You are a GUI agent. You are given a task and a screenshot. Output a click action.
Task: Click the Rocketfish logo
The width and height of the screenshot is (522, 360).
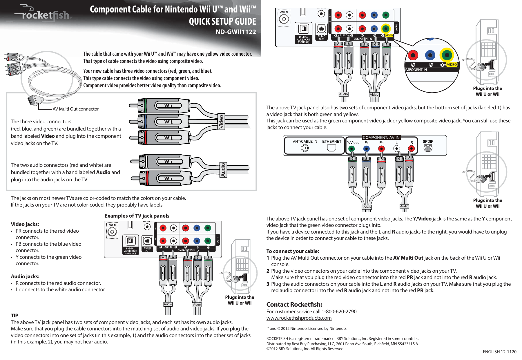[x=43, y=15]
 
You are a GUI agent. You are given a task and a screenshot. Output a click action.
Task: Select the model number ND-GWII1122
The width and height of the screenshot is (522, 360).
[x=235, y=32]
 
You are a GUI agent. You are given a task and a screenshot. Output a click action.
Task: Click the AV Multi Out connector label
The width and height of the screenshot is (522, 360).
[x=75, y=109]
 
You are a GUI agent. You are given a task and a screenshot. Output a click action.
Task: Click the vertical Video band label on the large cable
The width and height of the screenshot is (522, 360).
[x=221, y=122]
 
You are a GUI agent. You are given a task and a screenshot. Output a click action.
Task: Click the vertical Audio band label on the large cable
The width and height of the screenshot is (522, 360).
[x=223, y=170]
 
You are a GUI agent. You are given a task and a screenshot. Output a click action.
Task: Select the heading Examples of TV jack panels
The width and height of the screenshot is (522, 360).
[x=137, y=216]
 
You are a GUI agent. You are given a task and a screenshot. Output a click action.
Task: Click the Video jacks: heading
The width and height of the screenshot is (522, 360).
[x=25, y=224]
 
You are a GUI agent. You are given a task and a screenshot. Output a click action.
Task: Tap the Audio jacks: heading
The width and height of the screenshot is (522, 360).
[x=25, y=276]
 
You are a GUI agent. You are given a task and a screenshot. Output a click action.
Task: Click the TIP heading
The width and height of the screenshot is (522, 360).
[x=14, y=315]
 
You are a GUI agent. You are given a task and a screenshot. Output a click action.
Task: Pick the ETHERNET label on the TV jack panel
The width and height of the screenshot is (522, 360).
[x=331, y=142]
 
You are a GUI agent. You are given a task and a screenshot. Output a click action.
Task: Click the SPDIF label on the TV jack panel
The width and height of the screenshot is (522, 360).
[x=428, y=142]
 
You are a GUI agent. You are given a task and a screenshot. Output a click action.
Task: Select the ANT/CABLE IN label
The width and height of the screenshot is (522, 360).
[x=305, y=142]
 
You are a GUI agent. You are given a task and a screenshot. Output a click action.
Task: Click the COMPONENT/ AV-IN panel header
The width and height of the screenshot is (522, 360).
[x=381, y=138]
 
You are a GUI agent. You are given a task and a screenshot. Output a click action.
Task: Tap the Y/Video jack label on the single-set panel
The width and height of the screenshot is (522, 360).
[x=353, y=142]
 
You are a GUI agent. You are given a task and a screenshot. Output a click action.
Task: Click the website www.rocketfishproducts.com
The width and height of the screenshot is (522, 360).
[x=299, y=318]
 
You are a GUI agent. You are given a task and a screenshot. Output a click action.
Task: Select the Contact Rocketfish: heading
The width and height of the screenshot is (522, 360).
[x=294, y=305]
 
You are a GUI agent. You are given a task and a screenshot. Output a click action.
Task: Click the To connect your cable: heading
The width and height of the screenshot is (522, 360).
[x=292, y=251]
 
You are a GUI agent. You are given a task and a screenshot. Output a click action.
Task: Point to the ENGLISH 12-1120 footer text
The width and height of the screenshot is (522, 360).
[x=499, y=352]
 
